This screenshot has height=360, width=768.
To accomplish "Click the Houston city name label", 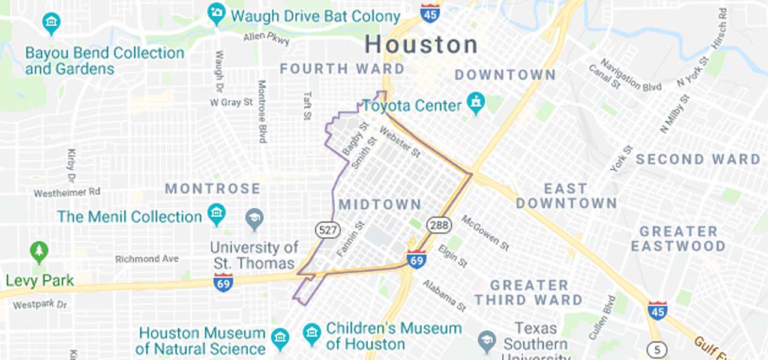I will click(x=421, y=44).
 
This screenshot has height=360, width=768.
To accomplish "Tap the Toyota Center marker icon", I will click(x=476, y=103).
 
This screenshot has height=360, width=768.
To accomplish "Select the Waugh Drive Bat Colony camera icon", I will click(x=216, y=14).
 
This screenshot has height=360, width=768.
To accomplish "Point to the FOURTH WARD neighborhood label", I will click(x=343, y=68).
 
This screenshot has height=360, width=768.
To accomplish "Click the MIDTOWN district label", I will click(x=380, y=205).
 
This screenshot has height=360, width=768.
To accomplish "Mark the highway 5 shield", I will click(x=658, y=349).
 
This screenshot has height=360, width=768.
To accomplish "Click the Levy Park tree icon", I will click(x=39, y=252).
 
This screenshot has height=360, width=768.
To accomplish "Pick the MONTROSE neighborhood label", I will click(x=213, y=189).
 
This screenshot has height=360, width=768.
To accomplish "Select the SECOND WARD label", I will click(x=698, y=160).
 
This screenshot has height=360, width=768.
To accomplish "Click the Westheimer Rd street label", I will click(x=67, y=193).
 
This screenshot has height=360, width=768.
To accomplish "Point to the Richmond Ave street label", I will click(x=147, y=259).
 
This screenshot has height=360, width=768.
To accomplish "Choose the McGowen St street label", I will click(x=485, y=233).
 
